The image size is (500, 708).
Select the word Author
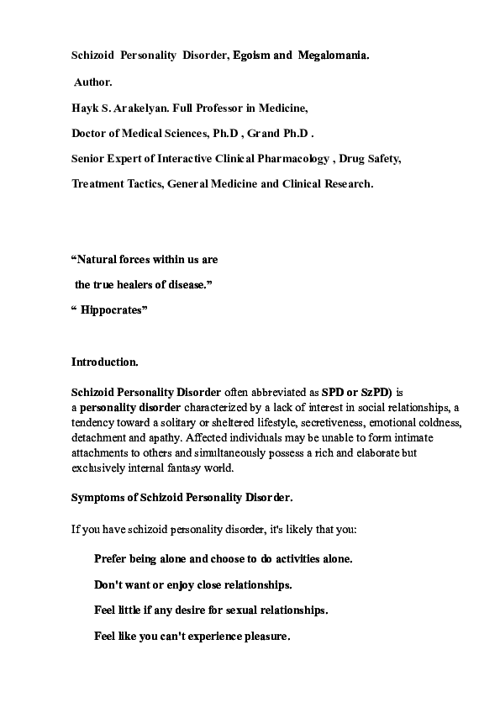click(x=93, y=82)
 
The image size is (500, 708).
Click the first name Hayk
click(x=85, y=108)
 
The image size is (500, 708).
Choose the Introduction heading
click(x=105, y=362)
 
